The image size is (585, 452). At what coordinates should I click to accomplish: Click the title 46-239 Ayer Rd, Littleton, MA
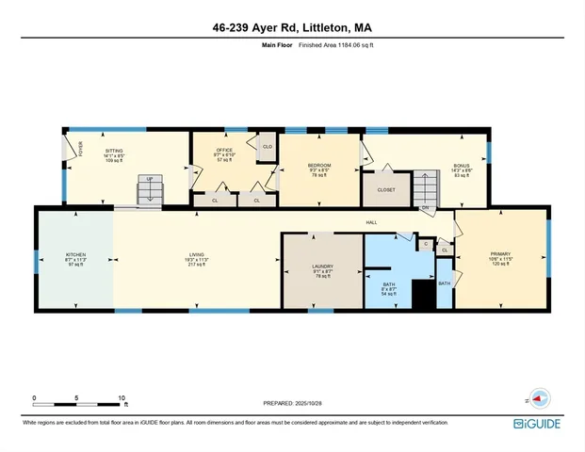[x=292, y=27]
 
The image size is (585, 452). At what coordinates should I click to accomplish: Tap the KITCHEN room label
[x=75, y=254]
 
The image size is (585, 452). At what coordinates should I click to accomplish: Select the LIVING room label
[x=196, y=254]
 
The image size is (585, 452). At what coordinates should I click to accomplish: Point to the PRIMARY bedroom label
[x=498, y=254]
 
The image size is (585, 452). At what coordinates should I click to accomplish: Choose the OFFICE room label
[x=224, y=149]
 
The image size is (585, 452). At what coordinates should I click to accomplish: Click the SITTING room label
[x=113, y=150]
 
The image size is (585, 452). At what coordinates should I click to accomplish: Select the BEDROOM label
[x=319, y=166]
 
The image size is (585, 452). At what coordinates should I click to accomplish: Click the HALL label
[x=371, y=222]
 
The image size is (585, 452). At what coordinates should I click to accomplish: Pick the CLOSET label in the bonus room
[x=387, y=189]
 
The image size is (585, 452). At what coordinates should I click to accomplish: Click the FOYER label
[x=80, y=148]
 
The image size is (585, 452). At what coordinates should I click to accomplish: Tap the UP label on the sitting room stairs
[x=148, y=178]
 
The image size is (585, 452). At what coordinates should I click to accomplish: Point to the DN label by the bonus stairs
[x=426, y=207]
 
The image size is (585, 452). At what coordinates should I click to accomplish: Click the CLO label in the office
[x=267, y=147]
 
